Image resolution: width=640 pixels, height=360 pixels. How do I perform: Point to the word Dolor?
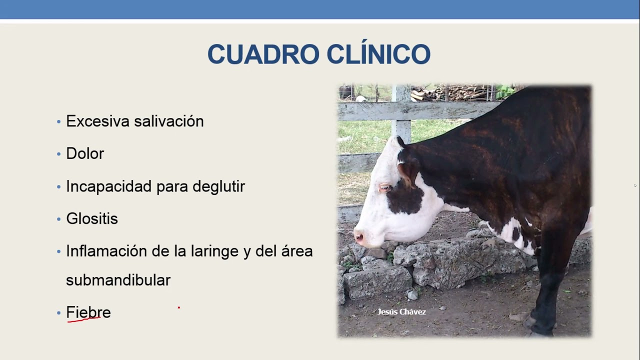(x=85, y=153)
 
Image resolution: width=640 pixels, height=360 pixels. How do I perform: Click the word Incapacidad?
(x=108, y=186)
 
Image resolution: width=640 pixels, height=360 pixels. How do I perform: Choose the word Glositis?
(x=92, y=219)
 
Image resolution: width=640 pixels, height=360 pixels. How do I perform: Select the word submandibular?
(x=118, y=280)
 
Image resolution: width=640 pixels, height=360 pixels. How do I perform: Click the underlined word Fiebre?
(x=88, y=312)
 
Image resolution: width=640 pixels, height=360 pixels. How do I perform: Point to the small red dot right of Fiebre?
(x=178, y=308)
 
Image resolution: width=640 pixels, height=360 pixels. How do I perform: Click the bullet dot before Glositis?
(x=58, y=219)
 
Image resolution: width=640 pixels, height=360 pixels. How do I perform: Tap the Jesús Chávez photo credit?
(x=401, y=312)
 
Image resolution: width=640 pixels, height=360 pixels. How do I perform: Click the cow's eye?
(x=385, y=187)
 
